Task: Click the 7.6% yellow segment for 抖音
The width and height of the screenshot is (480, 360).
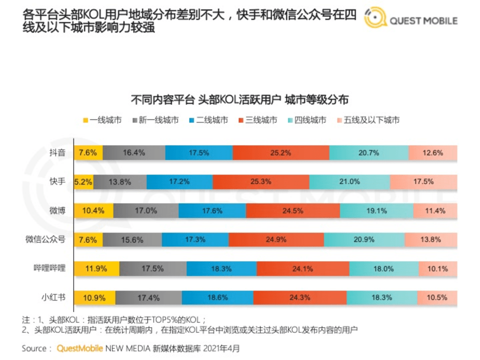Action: [x=88, y=153]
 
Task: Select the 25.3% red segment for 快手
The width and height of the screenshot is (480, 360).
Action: [x=260, y=182]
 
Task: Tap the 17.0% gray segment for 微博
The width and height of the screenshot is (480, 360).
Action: [x=149, y=211]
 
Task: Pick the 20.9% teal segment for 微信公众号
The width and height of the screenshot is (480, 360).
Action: [x=363, y=240]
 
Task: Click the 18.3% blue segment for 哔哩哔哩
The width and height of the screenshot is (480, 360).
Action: [x=221, y=269]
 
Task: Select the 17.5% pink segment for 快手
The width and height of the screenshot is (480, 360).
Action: [x=423, y=182]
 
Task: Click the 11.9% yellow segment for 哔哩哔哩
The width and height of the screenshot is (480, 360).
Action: [x=96, y=269]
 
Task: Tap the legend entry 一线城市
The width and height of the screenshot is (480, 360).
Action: [x=102, y=120]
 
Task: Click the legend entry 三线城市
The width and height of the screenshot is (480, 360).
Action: [x=257, y=120]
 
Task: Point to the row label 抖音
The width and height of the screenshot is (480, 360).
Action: [x=57, y=153]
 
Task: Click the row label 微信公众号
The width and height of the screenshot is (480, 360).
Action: [x=45, y=240]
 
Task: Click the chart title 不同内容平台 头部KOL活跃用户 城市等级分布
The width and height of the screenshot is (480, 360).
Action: [x=239, y=99]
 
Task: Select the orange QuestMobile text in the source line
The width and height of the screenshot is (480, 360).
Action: [x=80, y=348]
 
